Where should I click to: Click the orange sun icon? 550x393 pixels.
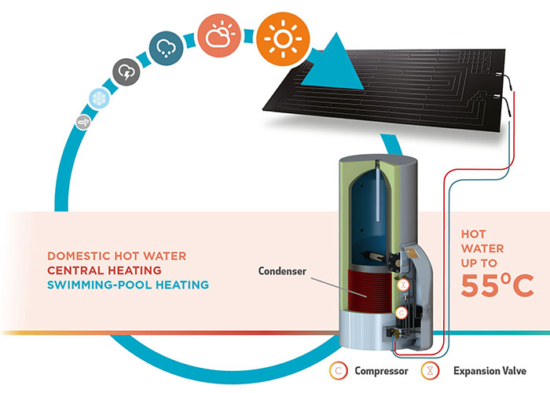point(283,39)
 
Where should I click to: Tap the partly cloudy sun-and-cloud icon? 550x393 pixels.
point(219,35)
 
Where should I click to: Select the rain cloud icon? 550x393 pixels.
point(166,48)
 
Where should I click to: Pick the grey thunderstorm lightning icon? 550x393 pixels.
point(126,72)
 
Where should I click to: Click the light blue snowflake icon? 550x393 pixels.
point(99,98)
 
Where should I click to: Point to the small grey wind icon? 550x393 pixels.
point(83,123)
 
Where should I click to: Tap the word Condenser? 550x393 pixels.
point(282,271)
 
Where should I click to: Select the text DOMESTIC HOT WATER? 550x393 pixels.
point(117,255)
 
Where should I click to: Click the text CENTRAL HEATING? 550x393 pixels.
point(104,270)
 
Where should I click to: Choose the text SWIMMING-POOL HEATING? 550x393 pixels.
point(128,285)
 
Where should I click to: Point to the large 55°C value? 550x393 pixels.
point(497,285)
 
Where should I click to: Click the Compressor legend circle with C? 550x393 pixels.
point(339,370)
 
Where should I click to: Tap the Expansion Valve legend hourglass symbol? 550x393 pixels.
point(430,370)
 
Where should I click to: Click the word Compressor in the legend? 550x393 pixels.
point(381,371)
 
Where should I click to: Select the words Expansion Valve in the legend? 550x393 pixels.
point(489,371)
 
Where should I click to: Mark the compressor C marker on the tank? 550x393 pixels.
point(401,313)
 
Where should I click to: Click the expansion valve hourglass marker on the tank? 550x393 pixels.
point(403,285)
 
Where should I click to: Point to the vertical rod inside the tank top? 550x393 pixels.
point(378,191)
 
